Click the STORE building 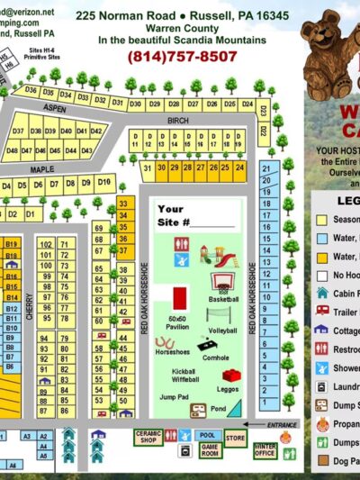(x=235, y=439)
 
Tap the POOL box (x=206, y=435)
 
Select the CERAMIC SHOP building (x=149, y=437)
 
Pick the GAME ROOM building (x=211, y=448)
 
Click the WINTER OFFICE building (x=265, y=448)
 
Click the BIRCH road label (x=176, y=119)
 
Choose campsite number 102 (x=45, y=244)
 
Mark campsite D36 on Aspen (x=31, y=90)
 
